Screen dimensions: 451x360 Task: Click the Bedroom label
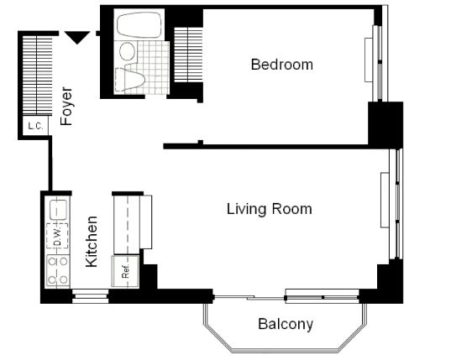click(282, 65)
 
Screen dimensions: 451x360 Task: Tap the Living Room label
click(270, 209)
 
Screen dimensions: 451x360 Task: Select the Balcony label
click(286, 325)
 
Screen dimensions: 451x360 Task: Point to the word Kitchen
click(92, 242)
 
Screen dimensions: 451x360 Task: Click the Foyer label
click(66, 107)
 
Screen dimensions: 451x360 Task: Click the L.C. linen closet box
click(35, 126)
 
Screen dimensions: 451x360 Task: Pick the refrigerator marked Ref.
click(125, 271)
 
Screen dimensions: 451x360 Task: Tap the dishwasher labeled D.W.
click(57, 236)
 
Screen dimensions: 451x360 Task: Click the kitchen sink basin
click(59, 209)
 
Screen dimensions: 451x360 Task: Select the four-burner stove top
click(58, 271)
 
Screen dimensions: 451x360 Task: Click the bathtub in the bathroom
click(139, 25)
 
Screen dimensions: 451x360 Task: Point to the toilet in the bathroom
click(129, 80)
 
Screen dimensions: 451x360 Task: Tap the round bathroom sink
click(127, 51)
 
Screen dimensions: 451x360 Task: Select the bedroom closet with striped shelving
click(188, 55)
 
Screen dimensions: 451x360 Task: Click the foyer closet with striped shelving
click(37, 76)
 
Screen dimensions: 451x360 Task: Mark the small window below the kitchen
click(90, 296)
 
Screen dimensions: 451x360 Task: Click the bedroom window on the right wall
click(377, 63)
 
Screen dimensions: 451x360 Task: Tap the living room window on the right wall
click(391, 203)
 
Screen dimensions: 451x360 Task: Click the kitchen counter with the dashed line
click(127, 225)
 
